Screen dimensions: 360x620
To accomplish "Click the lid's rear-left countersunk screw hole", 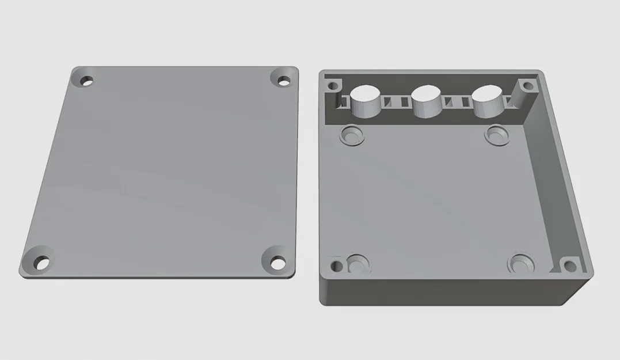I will [87, 81].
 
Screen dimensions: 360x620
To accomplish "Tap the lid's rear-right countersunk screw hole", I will [284, 80].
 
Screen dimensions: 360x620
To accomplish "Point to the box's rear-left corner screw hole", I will [332, 88].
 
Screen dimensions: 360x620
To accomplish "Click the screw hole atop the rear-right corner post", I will [527, 87].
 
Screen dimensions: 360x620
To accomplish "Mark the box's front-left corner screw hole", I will [336, 266].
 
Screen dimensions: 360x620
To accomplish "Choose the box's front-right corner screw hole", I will [569, 266].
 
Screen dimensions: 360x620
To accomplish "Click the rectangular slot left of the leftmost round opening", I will [344, 103].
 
